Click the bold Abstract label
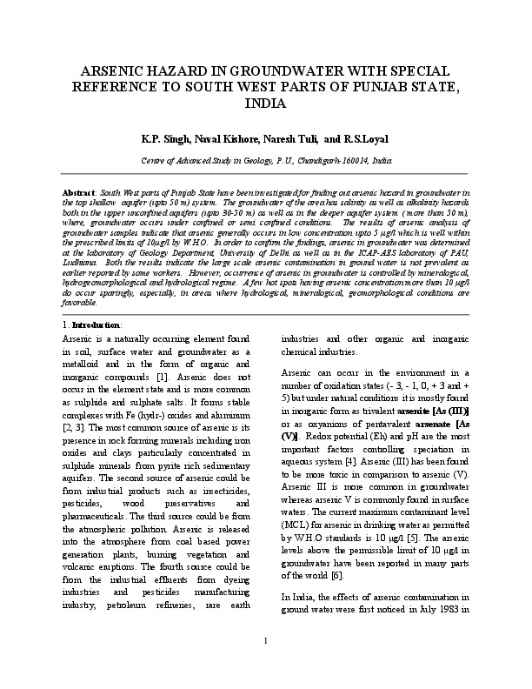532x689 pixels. point(79,189)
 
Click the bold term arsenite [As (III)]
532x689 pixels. point(434,410)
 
